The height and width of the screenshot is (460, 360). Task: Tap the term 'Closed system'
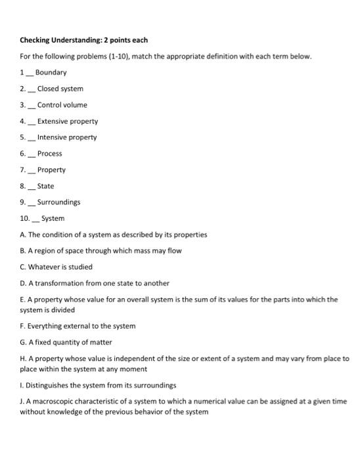60,89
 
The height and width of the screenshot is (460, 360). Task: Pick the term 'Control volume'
62,105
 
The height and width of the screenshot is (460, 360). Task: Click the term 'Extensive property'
67,121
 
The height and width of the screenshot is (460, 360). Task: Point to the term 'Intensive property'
66,137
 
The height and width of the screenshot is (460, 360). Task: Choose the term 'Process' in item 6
49,154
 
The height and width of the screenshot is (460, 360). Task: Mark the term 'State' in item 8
45,186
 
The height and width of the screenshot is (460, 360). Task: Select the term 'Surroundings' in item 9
58,202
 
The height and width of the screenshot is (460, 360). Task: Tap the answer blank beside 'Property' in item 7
32,171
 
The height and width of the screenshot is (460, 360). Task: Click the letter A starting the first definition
22,235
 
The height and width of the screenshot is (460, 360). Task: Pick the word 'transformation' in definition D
55,283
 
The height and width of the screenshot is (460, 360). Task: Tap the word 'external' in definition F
72,326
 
